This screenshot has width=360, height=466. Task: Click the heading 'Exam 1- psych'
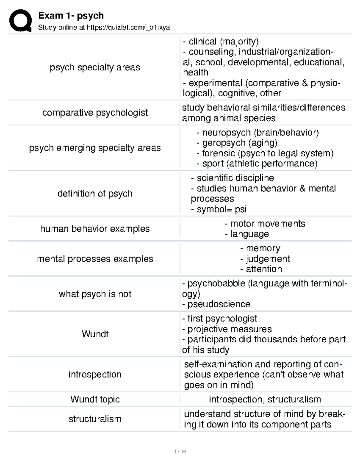[x=71, y=15]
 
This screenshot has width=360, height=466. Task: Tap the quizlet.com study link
[x=128, y=28]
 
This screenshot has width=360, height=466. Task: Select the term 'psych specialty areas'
[x=95, y=67]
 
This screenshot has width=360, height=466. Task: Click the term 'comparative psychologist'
[x=95, y=113]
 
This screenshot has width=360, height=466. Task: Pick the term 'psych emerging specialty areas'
[x=95, y=148]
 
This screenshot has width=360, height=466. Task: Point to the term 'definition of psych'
[x=95, y=194]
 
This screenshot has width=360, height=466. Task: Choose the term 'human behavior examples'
[x=95, y=229]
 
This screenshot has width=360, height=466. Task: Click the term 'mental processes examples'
[x=95, y=259]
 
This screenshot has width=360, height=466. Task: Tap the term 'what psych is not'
[x=95, y=294]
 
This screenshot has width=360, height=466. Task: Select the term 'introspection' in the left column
[x=95, y=374]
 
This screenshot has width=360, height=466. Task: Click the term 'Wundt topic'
[x=95, y=399]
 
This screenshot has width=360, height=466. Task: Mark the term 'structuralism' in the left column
[x=95, y=419]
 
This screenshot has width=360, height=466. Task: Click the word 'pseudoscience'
[x=219, y=304]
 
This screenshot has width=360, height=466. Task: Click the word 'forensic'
[x=219, y=153]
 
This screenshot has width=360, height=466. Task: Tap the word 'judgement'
[x=268, y=259]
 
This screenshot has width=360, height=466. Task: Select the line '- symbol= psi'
[x=219, y=209]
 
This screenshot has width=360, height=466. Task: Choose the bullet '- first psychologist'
[x=220, y=319]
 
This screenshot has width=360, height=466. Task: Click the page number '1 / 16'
[x=180, y=452]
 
